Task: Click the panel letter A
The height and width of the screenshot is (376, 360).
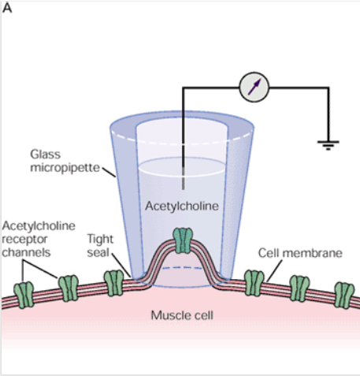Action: click(x=7, y=8)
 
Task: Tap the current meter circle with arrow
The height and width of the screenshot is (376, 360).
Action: click(x=254, y=87)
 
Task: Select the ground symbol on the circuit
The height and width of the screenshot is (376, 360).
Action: click(x=328, y=145)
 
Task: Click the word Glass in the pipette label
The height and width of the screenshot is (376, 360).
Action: click(x=45, y=154)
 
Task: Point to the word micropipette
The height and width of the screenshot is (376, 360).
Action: click(x=65, y=168)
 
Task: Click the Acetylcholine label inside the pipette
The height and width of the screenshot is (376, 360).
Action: click(x=182, y=206)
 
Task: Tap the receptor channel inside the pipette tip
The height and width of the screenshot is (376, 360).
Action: click(x=183, y=240)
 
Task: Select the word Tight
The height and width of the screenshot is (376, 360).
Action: click(x=100, y=239)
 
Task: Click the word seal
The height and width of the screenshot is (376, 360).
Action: click(x=98, y=252)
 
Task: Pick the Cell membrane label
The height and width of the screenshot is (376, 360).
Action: click(x=300, y=253)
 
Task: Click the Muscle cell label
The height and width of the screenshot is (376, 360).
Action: click(x=182, y=315)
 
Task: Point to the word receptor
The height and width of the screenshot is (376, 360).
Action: click(x=24, y=239)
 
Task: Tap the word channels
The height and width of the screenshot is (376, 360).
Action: click(x=26, y=252)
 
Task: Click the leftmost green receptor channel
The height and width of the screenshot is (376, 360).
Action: click(x=24, y=295)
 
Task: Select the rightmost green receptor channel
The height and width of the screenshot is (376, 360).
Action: click(x=344, y=295)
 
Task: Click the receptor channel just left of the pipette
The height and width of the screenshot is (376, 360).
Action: click(x=113, y=283)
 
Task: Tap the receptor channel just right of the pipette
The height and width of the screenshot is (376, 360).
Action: click(x=254, y=283)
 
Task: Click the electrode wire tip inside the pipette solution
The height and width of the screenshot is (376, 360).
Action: click(x=183, y=189)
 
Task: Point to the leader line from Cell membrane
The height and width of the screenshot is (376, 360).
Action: click(x=274, y=271)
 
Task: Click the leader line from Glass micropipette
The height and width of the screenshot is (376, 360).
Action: click(x=109, y=172)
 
